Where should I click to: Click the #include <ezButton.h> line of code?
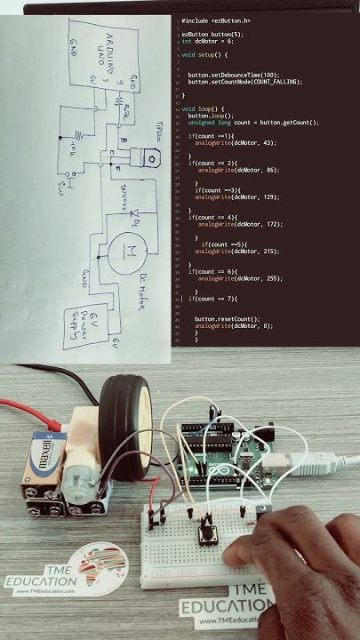click(216, 20)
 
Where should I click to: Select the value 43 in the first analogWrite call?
click(244, 142)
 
